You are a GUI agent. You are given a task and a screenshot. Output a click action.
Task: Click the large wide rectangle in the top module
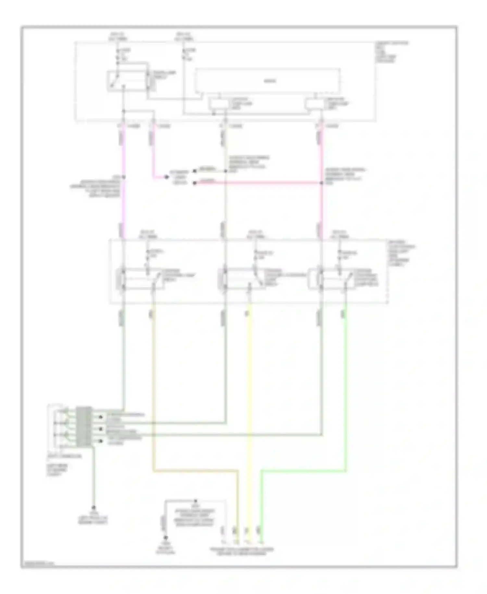(x=268, y=81)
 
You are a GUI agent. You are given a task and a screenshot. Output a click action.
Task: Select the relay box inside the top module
(x=127, y=80)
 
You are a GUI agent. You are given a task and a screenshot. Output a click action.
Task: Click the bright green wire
(x=345, y=390)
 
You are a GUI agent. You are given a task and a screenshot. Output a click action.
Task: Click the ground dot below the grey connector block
(x=94, y=507)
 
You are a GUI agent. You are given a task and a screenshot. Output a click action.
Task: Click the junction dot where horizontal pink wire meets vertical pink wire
(x=321, y=183)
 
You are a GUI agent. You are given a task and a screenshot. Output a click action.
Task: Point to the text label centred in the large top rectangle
(x=269, y=81)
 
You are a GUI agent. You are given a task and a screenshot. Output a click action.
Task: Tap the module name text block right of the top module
(x=391, y=52)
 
